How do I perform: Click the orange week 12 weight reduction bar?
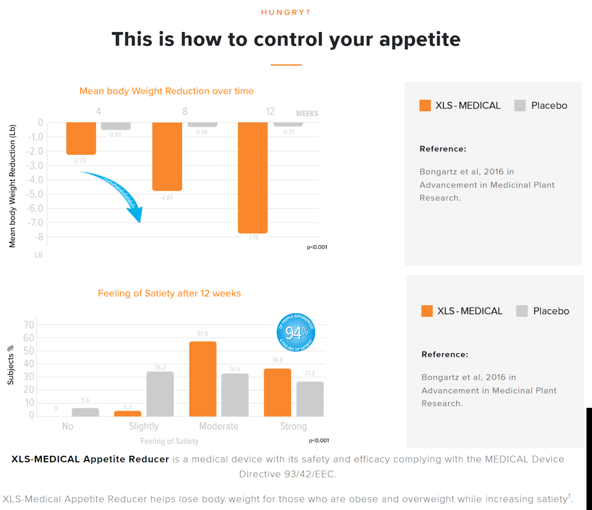[253, 177]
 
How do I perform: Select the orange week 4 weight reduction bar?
[81, 138]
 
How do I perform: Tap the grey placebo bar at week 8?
[202, 125]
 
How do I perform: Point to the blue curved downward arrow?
[118, 192]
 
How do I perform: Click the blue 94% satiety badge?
[296, 332]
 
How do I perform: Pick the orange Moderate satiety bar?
[203, 379]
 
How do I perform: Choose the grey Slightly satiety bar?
[160, 394]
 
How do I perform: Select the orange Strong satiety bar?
[277, 392]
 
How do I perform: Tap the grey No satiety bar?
[85, 412]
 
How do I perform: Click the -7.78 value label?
[253, 237]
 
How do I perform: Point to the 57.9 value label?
[203, 334]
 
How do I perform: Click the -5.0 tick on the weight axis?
[35, 194]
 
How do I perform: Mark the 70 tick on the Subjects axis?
[29, 325]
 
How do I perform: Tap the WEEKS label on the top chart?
[307, 113]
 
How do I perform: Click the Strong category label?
[293, 426]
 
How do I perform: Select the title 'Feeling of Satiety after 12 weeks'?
[169, 293]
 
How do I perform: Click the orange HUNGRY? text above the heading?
[286, 13]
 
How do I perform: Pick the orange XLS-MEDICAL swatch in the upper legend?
[425, 106]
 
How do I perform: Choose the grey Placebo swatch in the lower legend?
[522, 311]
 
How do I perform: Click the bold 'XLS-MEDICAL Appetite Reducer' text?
[90, 459]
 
